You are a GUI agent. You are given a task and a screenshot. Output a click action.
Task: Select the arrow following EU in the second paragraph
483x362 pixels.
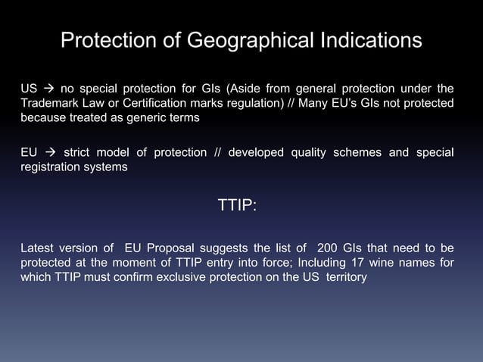click(x=47, y=152)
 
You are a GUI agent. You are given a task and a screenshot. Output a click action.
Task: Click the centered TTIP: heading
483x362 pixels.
click(x=237, y=206)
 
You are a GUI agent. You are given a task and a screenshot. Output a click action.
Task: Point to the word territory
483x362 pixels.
click(x=346, y=278)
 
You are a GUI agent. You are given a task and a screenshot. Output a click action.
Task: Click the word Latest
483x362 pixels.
click(x=39, y=247)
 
